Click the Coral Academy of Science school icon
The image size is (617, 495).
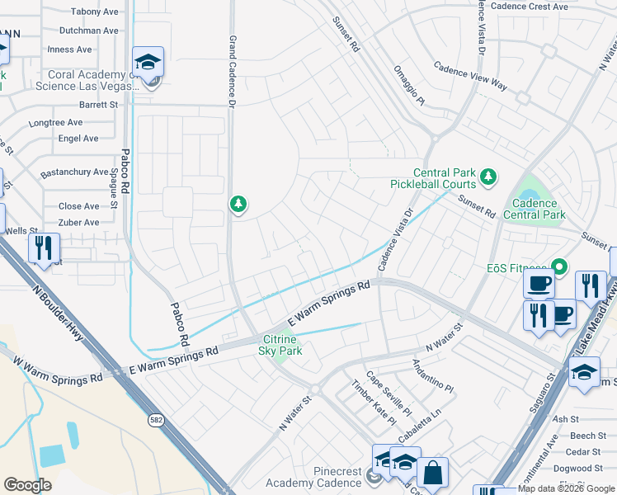(x=148, y=63)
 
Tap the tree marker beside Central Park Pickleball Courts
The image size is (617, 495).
(x=489, y=176)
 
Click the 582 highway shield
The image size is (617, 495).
(x=155, y=421)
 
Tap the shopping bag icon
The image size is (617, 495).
(x=432, y=474)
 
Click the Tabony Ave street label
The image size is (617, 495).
(x=95, y=12)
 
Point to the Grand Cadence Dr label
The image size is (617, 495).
(x=233, y=71)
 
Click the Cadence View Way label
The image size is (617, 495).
(x=470, y=73)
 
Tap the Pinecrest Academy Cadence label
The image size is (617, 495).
(x=313, y=477)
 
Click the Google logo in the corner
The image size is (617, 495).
(x=27, y=485)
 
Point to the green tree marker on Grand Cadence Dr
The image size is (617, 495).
(x=238, y=203)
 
